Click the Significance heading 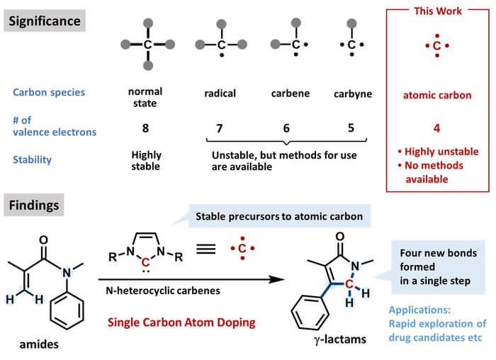[45, 21]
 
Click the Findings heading [34, 205]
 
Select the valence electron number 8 [145, 128]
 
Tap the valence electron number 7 [219, 128]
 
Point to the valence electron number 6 [286, 128]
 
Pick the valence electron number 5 [351, 128]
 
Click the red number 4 [437, 128]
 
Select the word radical [220, 94]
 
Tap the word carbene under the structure [291, 94]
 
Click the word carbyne [353, 94]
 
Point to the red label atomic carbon [437, 95]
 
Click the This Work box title [438, 11]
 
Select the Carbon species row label [49, 92]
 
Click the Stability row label [32, 159]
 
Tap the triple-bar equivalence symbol [206, 249]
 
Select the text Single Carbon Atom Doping [181, 322]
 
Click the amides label [39, 344]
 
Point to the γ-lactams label [340, 339]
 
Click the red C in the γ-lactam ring [349, 283]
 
